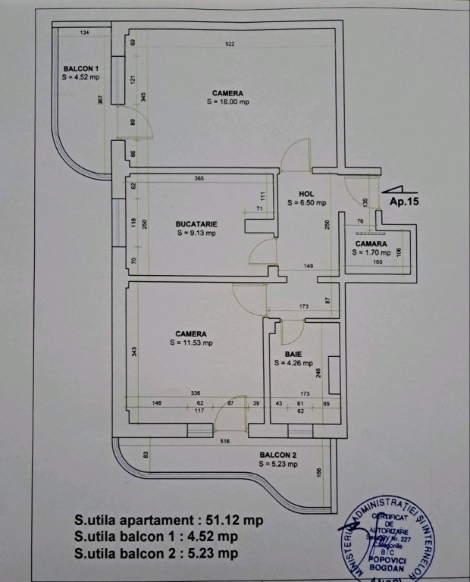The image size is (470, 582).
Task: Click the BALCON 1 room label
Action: coord(80,68)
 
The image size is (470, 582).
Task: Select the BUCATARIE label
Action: coord(196,224)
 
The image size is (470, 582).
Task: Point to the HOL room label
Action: coord(306,194)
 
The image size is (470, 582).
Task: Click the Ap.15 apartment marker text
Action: coord(404,202)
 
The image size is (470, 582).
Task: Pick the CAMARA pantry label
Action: coord(371,244)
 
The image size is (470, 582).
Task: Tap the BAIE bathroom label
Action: coord(293,354)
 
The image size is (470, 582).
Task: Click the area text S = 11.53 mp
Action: coord(191,343)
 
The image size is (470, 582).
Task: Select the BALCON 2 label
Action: coord(277,455)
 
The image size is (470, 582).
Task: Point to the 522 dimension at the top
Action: coord(230,44)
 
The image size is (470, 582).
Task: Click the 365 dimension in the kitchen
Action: coord(199,179)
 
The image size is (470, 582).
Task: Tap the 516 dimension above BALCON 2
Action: coord(224,440)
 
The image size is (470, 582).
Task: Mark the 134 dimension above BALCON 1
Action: coord(84,33)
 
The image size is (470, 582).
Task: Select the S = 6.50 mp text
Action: coord(306,203)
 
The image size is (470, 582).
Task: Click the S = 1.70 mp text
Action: coord(371,253)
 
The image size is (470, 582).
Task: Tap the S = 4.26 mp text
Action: coord(293,363)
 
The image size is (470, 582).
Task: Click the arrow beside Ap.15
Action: coord(397,189)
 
